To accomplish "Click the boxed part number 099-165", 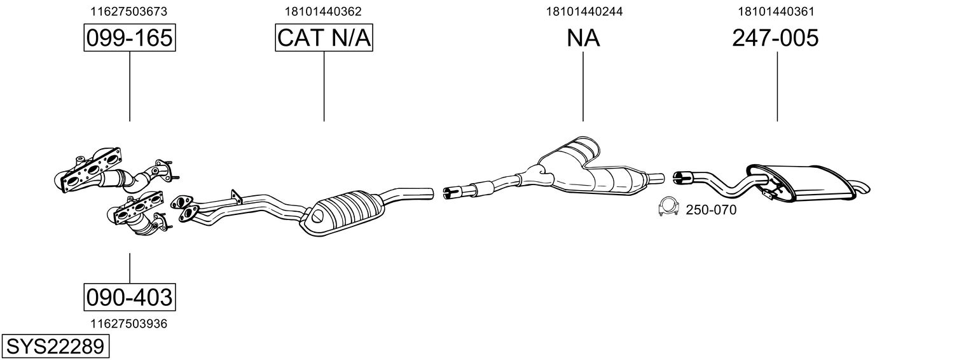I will pyautogui.click(x=129, y=39).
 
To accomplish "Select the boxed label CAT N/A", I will pyautogui.click(x=324, y=39).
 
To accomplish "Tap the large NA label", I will pyautogui.click(x=583, y=39).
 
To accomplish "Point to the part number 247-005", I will pyautogui.click(x=775, y=39).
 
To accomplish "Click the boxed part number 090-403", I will pyautogui.click(x=129, y=296).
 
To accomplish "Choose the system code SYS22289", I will pyautogui.click(x=56, y=347).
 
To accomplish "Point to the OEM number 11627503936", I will pyautogui.click(x=129, y=324).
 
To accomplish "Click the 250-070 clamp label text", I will pyautogui.click(x=711, y=210).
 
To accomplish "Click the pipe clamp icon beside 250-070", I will pyautogui.click(x=668, y=207).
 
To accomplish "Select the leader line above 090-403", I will pyautogui.click(x=130, y=268).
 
